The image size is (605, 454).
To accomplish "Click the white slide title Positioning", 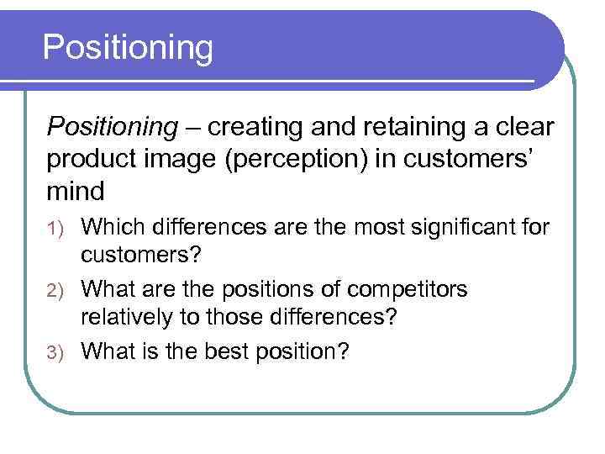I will tap(128, 48).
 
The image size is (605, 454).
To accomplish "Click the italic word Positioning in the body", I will tap(112, 127).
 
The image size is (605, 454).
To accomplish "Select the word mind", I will tap(76, 191).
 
